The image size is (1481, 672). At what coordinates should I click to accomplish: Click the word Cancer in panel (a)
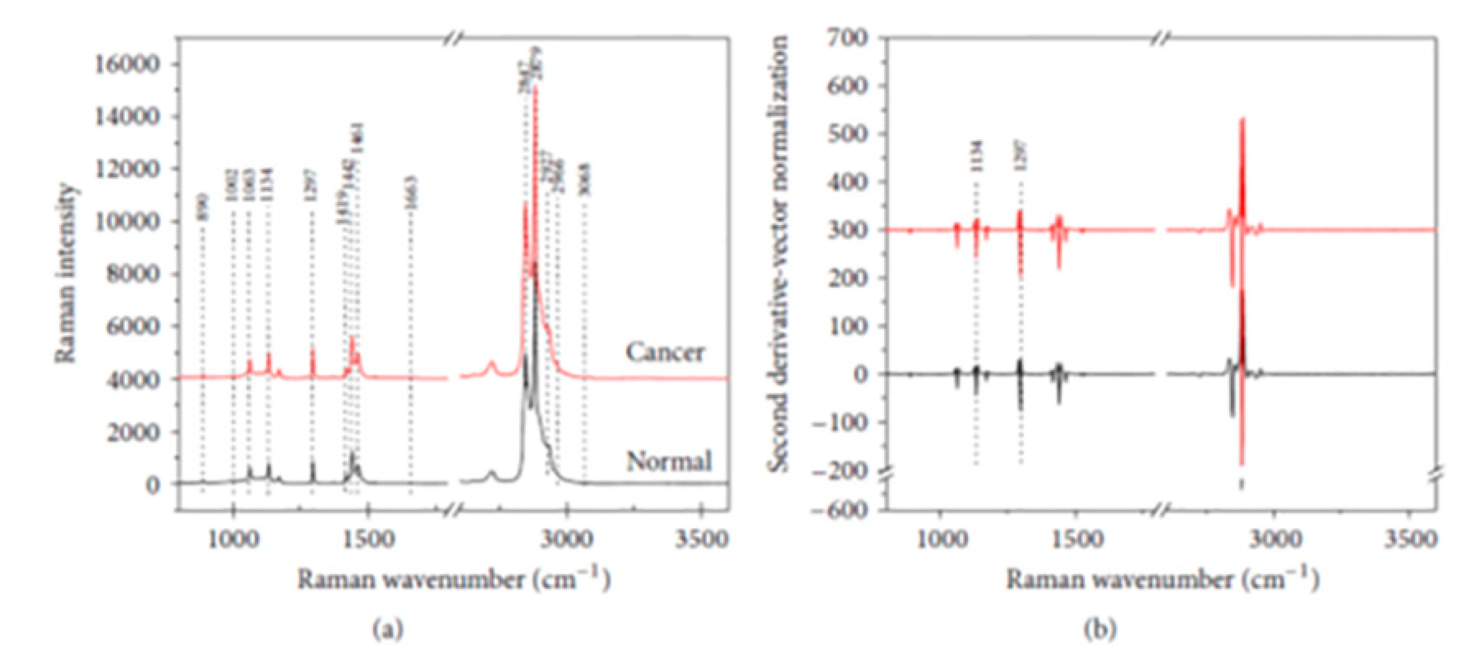[x=664, y=353]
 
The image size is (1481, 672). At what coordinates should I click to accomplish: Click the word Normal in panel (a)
[x=669, y=461]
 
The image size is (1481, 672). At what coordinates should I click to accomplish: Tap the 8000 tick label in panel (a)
[x=131, y=274]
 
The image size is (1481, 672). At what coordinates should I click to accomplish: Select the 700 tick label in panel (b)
[x=845, y=37]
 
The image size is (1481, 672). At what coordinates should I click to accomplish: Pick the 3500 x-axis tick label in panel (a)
[x=701, y=539]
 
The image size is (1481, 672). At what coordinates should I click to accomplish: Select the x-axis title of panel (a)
[x=453, y=579]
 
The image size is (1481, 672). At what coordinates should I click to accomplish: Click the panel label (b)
[x=1099, y=629]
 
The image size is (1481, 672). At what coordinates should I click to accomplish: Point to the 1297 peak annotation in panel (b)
[x=1021, y=156]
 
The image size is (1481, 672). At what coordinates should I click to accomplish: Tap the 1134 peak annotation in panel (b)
[x=976, y=156]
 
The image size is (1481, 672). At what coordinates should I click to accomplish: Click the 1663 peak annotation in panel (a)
[x=411, y=193]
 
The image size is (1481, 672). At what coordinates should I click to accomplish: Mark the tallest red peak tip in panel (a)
[x=535, y=86]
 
